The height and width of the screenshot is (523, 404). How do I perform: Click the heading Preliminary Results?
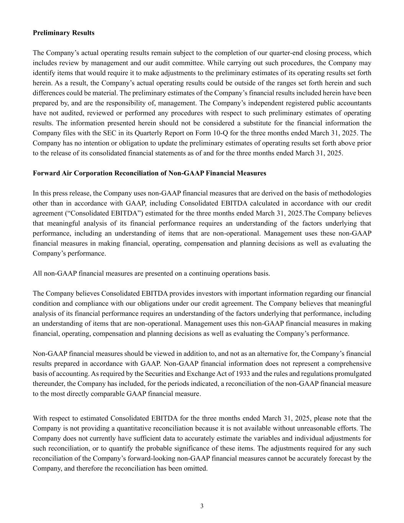pyautogui.click(x=64, y=33)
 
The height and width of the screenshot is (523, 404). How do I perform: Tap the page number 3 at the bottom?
pyautogui.click(x=202, y=506)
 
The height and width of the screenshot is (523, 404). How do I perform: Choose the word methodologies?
pyautogui.click(x=349, y=193)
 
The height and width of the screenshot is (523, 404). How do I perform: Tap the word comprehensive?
pyautogui.click(x=348, y=364)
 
